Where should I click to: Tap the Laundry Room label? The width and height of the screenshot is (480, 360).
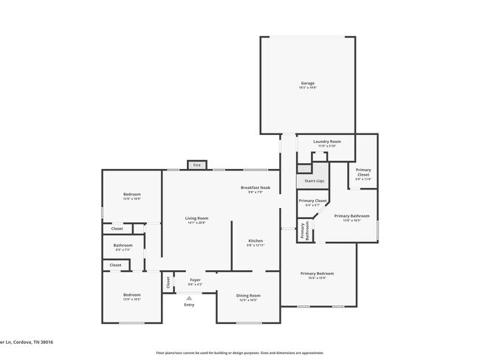tap(326, 143)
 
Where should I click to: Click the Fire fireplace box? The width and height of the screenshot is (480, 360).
tap(197, 165)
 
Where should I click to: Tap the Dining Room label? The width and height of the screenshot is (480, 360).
tap(248, 297)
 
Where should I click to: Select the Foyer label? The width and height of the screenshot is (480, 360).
tap(195, 281)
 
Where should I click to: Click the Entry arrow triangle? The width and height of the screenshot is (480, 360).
tap(189, 297)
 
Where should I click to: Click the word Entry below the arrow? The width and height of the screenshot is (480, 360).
tap(189, 305)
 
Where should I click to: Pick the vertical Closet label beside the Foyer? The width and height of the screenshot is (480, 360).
tap(168, 282)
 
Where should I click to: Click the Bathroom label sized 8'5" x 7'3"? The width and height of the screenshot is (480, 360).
tap(123, 247)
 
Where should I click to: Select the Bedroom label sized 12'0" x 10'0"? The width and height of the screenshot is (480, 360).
tap(132, 196)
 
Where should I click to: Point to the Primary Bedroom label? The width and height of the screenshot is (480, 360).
tap(318, 275)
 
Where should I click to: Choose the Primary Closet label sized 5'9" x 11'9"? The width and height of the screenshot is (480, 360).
tap(363, 174)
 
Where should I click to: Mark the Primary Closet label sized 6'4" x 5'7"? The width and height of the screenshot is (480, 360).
tap(312, 202)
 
